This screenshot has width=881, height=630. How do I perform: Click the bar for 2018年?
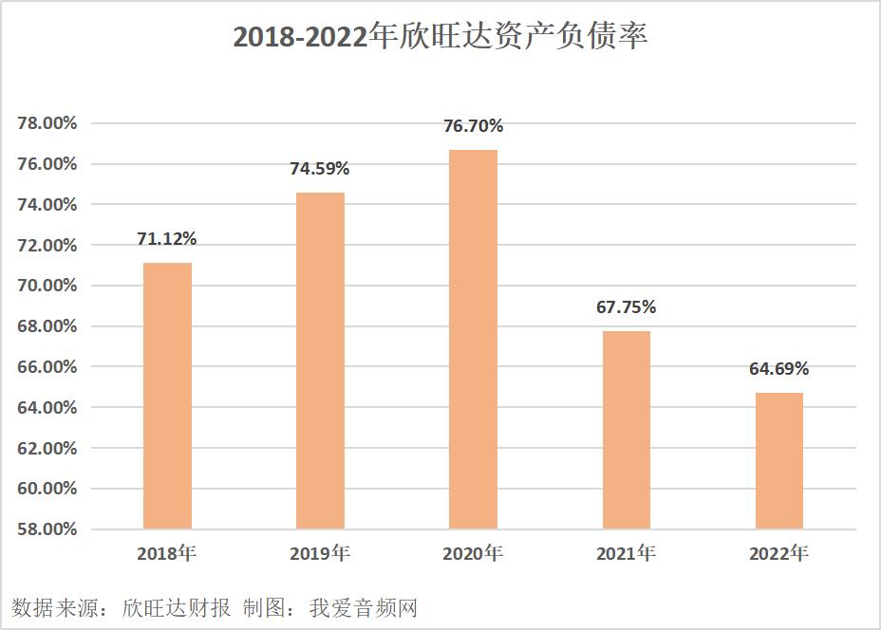point(167,396)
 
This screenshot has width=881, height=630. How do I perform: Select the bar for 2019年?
point(320,361)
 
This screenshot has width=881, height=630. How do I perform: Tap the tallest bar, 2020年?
point(473,339)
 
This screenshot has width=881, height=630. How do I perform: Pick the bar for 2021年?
point(626,430)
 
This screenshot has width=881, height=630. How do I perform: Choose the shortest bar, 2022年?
point(778,461)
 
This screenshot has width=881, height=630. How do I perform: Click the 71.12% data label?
point(167,238)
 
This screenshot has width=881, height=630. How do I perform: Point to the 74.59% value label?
point(320,169)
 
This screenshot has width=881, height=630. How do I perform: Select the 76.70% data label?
point(473,126)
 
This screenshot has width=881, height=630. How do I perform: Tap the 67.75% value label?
point(626,307)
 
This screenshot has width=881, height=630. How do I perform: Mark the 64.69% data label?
point(778,369)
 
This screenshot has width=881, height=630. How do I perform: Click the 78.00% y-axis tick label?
point(47,123)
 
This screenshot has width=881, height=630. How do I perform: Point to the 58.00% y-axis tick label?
point(47,529)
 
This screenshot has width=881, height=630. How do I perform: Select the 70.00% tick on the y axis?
point(47,286)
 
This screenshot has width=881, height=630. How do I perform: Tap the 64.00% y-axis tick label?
point(47,408)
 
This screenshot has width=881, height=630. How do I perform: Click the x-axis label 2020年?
point(473,553)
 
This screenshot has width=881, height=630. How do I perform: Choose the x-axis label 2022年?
point(778,553)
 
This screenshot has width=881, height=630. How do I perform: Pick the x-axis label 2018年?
point(167,553)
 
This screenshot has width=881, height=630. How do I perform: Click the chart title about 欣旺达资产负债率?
point(440,38)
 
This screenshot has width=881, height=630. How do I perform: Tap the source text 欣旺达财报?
point(177,607)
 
